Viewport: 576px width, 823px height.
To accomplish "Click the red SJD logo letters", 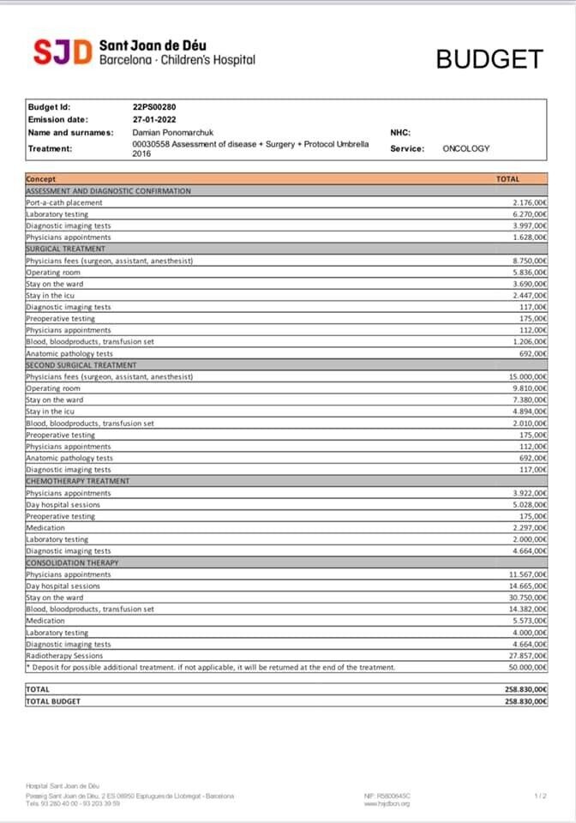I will pos(62,52).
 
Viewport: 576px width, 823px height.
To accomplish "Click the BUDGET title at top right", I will pos(489,59).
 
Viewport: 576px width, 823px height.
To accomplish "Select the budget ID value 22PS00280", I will pos(155,107).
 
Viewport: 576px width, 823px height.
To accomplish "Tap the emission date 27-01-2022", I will pos(154,120).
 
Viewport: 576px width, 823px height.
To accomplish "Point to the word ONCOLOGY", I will pos(466,148).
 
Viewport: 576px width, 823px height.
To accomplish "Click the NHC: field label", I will pos(400,133).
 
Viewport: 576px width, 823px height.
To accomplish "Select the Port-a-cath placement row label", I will pos(64,202).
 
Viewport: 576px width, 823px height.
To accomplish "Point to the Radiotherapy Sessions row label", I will pos(64,656).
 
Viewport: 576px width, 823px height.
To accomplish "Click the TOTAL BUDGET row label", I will pos(53,701).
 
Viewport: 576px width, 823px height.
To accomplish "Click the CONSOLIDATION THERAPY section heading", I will pos(72,562).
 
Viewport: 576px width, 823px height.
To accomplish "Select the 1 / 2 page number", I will pos(541,796).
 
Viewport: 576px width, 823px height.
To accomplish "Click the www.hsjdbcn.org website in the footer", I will pos(387,803).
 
